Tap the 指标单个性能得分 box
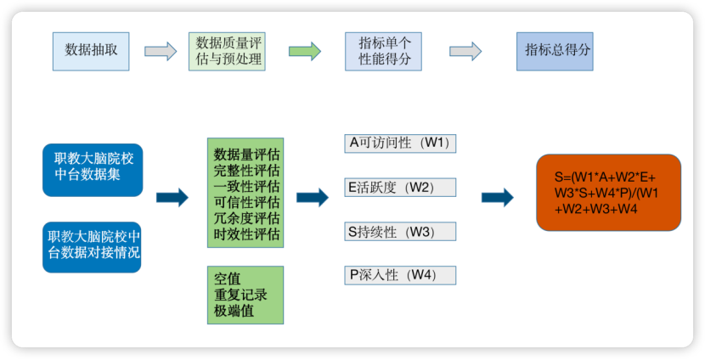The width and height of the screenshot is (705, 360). pyautogui.click(x=383, y=51)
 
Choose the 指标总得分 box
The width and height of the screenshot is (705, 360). pyautogui.click(x=555, y=50)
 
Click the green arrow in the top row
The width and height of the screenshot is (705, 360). pyautogui.click(x=305, y=51)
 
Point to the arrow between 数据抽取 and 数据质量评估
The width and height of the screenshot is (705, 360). pyautogui.click(x=161, y=51)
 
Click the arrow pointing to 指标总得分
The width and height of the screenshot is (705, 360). pyautogui.click(x=465, y=51)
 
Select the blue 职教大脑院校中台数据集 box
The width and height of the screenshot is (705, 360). pyautogui.click(x=93, y=170)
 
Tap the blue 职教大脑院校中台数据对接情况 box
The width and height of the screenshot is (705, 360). pyautogui.click(x=93, y=246)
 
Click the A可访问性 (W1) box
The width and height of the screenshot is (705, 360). pyautogui.click(x=400, y=143)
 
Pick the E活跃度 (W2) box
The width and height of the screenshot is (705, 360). pyautogui.click(x=400, y=187)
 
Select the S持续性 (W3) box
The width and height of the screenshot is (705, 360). pyautogui.click(x=400, y=231)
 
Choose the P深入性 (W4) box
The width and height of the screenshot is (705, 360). pyautogui.click(x=400, y=274)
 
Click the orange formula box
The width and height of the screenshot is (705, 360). pyautogui.click(x=608, y=193)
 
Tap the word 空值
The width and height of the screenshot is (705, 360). pyautogui.click(x=228, y=278)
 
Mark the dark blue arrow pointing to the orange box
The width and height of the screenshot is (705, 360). pyautogui.click(x=497, y=198)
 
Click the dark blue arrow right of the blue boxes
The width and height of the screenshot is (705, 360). pyautogui.click(x=172, y=198)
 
